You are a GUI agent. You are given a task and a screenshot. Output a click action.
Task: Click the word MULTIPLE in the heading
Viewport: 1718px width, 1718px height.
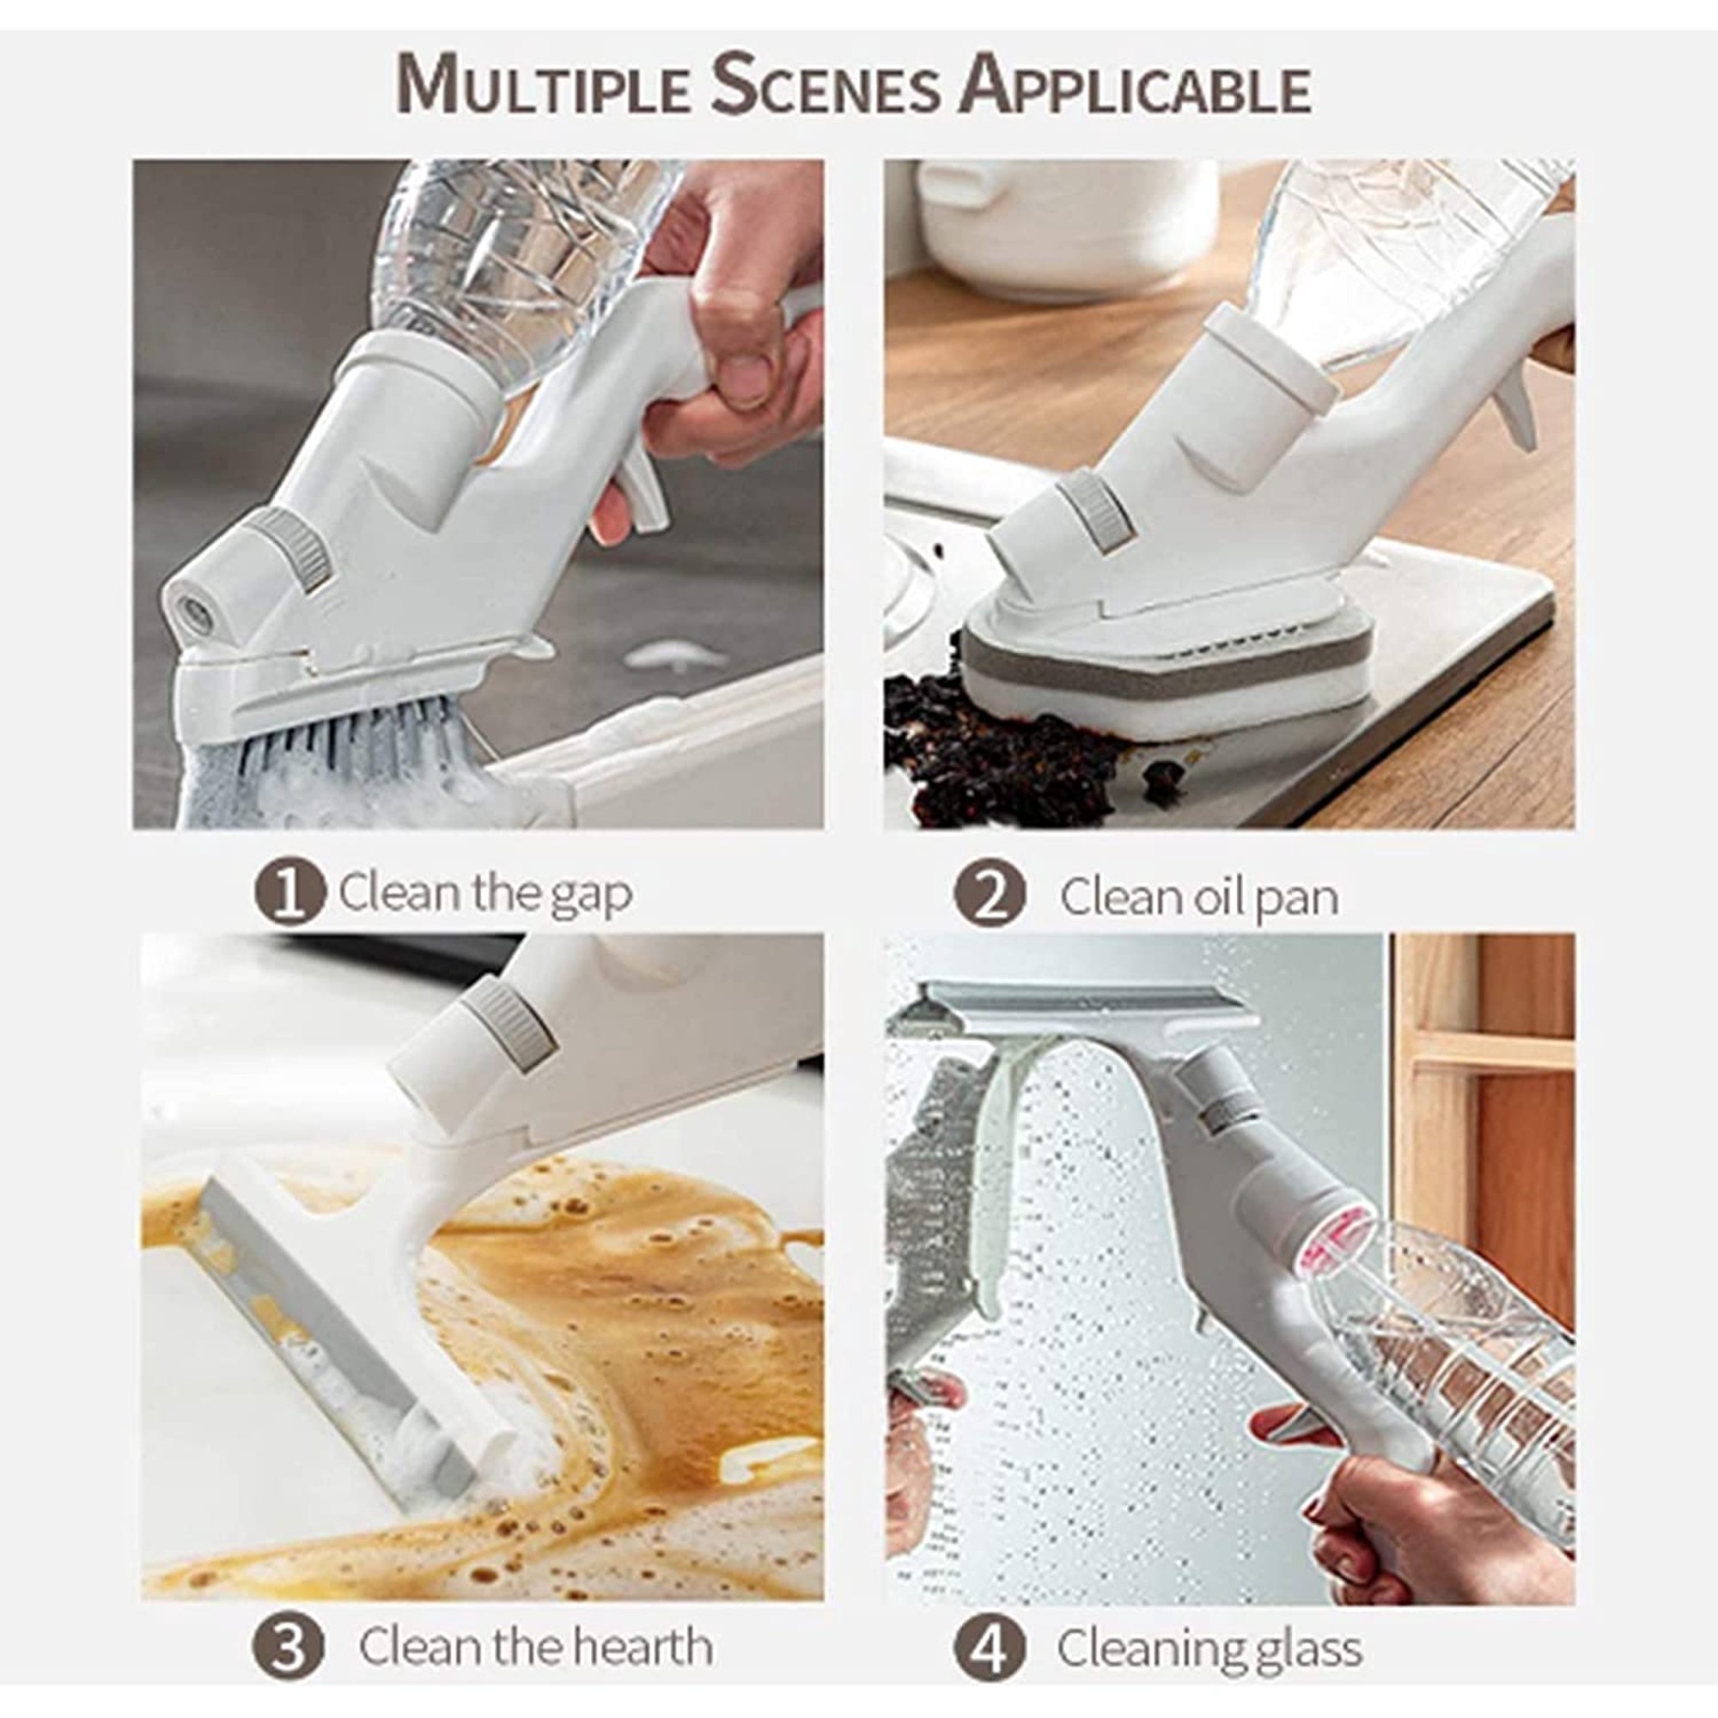[544, 86]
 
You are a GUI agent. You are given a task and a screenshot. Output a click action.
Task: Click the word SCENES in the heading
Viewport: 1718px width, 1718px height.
[825, 86]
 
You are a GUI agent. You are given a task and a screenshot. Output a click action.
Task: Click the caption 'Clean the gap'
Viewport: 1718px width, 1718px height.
[485, 893]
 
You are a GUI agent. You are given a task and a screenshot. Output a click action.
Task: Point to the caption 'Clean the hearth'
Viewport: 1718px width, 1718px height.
[536, 1621]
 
